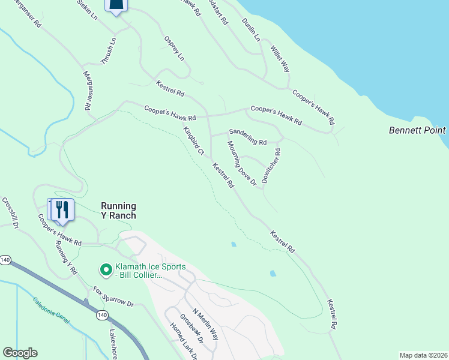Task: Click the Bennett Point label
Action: (417, 130)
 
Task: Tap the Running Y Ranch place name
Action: (118, 211)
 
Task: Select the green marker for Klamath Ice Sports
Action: (106, 271)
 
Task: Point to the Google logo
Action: (20, 353)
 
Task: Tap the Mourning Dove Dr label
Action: (242, 163)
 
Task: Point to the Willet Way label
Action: (280, 59)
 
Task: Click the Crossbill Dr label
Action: (11, 213)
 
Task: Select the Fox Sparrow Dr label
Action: (113, 297)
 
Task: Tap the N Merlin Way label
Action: (205, 325)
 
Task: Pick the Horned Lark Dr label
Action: (183, 341)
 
